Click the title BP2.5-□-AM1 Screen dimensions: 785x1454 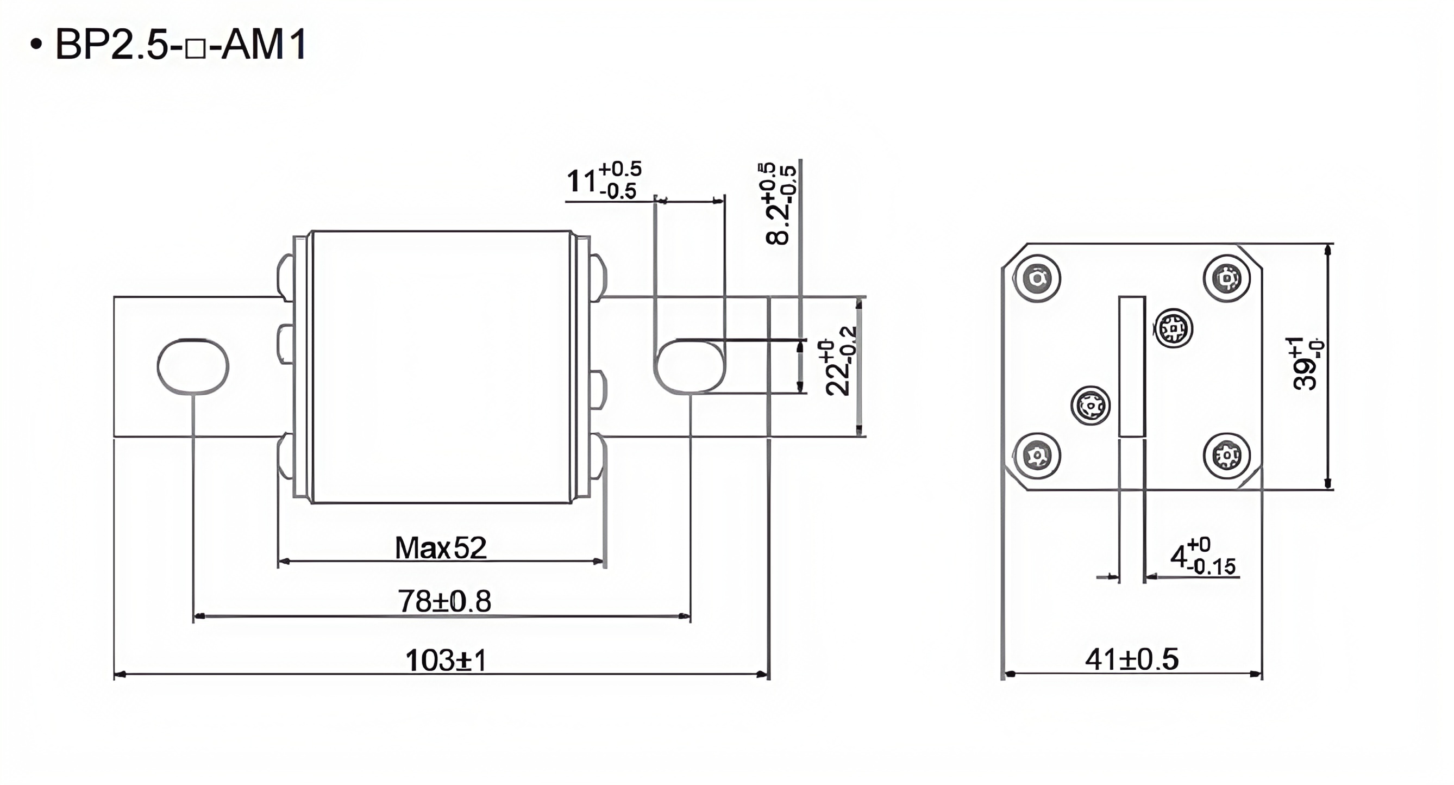point(180,44)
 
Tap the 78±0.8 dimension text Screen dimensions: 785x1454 point(444,601)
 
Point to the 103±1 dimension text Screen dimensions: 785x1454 point(446,660)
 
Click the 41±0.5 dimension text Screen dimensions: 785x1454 point(1132,659)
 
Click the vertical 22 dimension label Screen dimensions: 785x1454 point(840,368)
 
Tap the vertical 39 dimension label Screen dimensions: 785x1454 point(1307,364)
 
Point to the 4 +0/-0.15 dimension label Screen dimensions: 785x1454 point(1202,557)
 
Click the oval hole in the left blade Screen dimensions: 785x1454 point(193,366)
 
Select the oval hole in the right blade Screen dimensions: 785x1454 point(690,366)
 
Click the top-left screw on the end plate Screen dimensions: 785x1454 point(1037,278)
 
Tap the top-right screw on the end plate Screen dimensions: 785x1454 point(1226,278)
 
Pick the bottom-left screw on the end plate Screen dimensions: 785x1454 point(1037,455)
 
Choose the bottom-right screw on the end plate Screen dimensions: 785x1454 point(1226,455)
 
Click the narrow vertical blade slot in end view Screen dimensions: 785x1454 point(1132,366)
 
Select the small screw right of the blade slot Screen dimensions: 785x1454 point(1174,328)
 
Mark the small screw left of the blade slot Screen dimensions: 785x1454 point(1090,406)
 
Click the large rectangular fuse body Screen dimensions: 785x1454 point(441,366)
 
